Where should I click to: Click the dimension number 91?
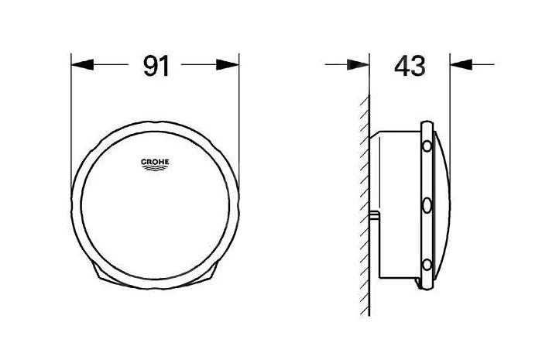pyautogui.click(x=156, y=66)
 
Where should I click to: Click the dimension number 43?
pyautogui.click(x=410, y=66)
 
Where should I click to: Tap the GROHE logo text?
pyautogui.click(x=155, y=162)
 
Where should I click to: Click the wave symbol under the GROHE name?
pyautogui.click(x=155, y=168)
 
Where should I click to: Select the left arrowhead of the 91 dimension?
pyautogui.click(x=82, y=64)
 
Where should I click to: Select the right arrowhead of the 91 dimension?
pyautogui.click(x=228, y=64)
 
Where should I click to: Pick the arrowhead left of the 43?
pyautogui.click(x=359, y=64)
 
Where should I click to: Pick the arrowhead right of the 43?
pyautogui.click(x=462, y=64)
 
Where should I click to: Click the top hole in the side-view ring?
pyautogui.click(x=427, y=146)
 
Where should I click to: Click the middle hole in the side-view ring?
pyautogui.click(x=427, y=206)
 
